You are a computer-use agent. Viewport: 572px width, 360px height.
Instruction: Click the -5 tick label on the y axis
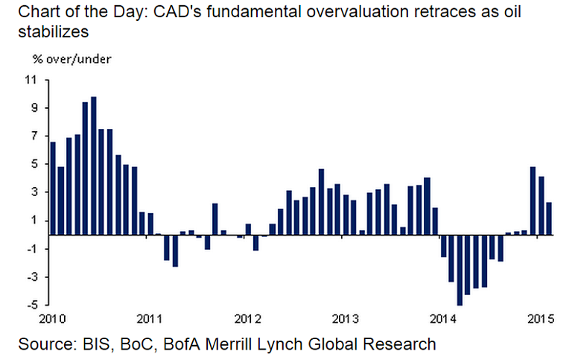[x=32, y=305]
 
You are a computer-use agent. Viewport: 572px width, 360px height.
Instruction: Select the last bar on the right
[x=549, y=218]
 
